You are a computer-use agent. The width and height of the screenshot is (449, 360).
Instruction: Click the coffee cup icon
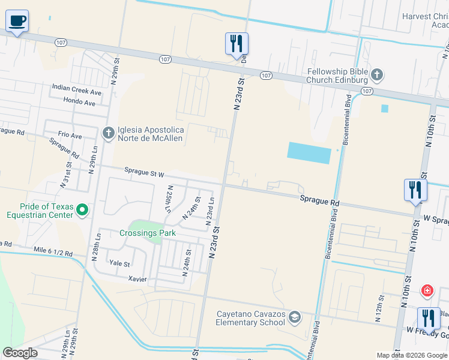click(x=17, y=22)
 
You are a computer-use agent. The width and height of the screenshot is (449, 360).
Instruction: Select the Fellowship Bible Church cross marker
click(x=376, y=75)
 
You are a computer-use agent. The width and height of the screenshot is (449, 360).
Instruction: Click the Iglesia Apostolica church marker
click(x=108, y=132)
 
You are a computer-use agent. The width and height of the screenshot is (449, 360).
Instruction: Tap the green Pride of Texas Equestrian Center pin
click(x=83, y=209)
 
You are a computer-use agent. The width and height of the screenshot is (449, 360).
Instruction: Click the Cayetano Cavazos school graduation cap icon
click(x=295, y=317)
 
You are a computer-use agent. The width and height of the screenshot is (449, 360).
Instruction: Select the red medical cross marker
click(x=427, y=291)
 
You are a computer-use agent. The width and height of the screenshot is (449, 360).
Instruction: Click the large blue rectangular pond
click(x=309, y=152)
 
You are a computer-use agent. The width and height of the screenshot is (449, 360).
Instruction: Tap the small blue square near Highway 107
click(x=384, y=109)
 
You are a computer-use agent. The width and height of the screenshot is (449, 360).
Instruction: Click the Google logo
click(x=20, y=353)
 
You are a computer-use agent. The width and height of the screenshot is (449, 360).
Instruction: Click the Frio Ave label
click(x=70, y=136)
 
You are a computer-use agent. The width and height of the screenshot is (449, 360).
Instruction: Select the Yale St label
click(x=119, y=263)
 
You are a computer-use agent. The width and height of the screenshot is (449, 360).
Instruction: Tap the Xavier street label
click(x=138, y=279)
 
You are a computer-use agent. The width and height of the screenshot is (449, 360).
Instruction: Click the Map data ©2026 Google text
click(x=411, y=355)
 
